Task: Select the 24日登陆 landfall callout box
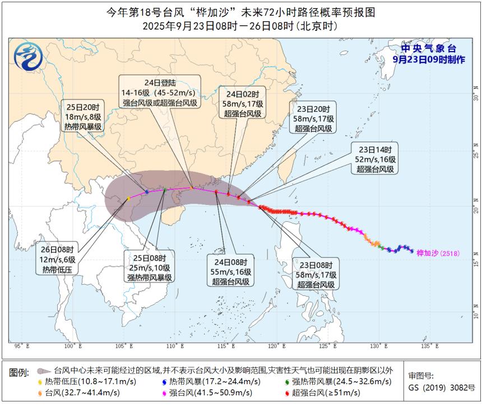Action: (160, 91)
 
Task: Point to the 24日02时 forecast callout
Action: (242, 103)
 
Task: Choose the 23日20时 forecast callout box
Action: (313, 118)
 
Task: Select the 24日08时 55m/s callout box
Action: (231, 272)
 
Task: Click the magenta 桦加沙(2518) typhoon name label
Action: (438, 253)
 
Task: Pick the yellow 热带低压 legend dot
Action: (40, 382)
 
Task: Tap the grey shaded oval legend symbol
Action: (43, 371)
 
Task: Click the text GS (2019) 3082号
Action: (442, 387)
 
